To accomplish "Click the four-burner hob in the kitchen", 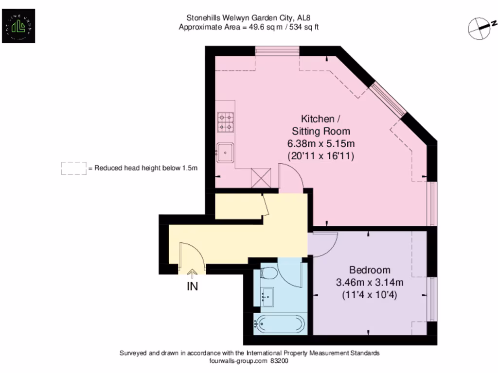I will pos(225,122).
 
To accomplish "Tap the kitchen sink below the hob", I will pos(225,152).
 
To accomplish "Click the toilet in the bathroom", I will pos(268,274).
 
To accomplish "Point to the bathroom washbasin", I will pos(267,296).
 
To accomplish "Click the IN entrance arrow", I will pos(193,275).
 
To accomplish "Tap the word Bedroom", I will pos(370,270).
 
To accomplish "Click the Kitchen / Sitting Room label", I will pos(320,125).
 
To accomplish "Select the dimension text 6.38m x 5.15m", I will pos(321,144).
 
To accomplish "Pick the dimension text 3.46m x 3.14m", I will pos(370,282).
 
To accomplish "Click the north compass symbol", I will pos(480,27).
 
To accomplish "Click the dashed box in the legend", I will pos(73,168).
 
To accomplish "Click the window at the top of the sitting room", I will pos(277,51).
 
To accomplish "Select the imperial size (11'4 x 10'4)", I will pos(370,294).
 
